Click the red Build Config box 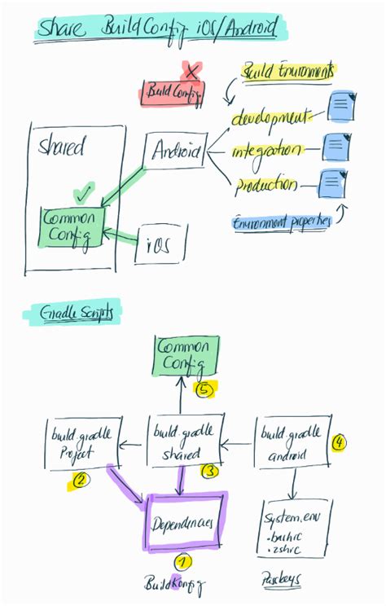tap(172, 93)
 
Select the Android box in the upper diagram tap(177, 151)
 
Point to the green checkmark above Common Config tap(82, 194)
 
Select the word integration tap(267, 151)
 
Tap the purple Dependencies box tap(185, 522)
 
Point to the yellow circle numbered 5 tap(204, 390)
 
